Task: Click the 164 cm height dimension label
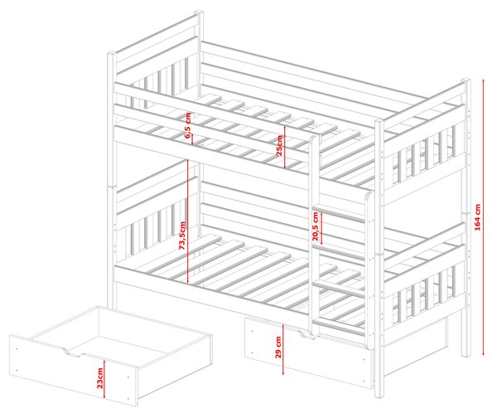[478, 217]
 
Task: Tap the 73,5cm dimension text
[182, 236]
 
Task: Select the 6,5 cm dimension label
[188, 126]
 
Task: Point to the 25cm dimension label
[279, 145]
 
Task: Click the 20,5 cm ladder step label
[316, 226]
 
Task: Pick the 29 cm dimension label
[278, 348]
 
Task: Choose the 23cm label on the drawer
[100, 378]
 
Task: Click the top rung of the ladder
[340, 212]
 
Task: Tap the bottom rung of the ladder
[340, 325]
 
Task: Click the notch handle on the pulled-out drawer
[74, 352]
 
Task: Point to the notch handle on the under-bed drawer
[306, 334]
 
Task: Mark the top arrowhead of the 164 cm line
[484, 80]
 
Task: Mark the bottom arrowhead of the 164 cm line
[484, 353]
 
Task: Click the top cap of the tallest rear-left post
[199, 12]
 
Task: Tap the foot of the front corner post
[379, 395]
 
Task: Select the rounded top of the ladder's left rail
[314, 139]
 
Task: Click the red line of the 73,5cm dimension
[188, 221]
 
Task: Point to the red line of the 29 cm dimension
[283, 349]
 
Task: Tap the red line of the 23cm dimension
[104, 379]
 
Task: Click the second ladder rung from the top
[340, 249]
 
